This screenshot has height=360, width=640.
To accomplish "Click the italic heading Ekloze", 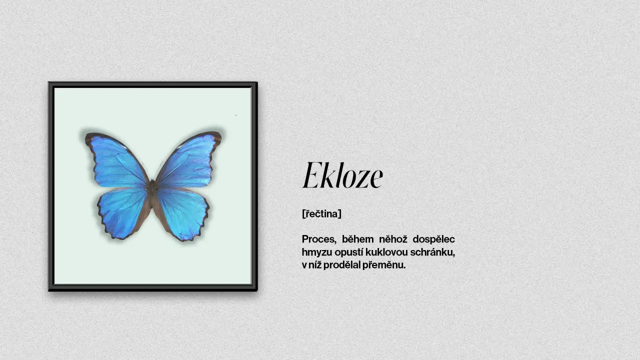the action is [342, 175].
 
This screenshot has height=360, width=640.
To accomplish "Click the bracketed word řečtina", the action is [321, 213].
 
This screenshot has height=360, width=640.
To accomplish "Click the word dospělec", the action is [433, 239].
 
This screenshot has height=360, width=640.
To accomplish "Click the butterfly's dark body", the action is [153, 189].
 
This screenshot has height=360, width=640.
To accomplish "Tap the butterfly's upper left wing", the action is [117, 161].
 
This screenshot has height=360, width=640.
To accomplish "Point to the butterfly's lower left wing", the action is [123, 213].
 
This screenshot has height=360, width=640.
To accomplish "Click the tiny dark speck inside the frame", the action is [236, 115].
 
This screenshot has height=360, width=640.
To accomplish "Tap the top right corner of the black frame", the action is [257, 82].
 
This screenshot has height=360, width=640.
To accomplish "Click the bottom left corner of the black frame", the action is [49, 290].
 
